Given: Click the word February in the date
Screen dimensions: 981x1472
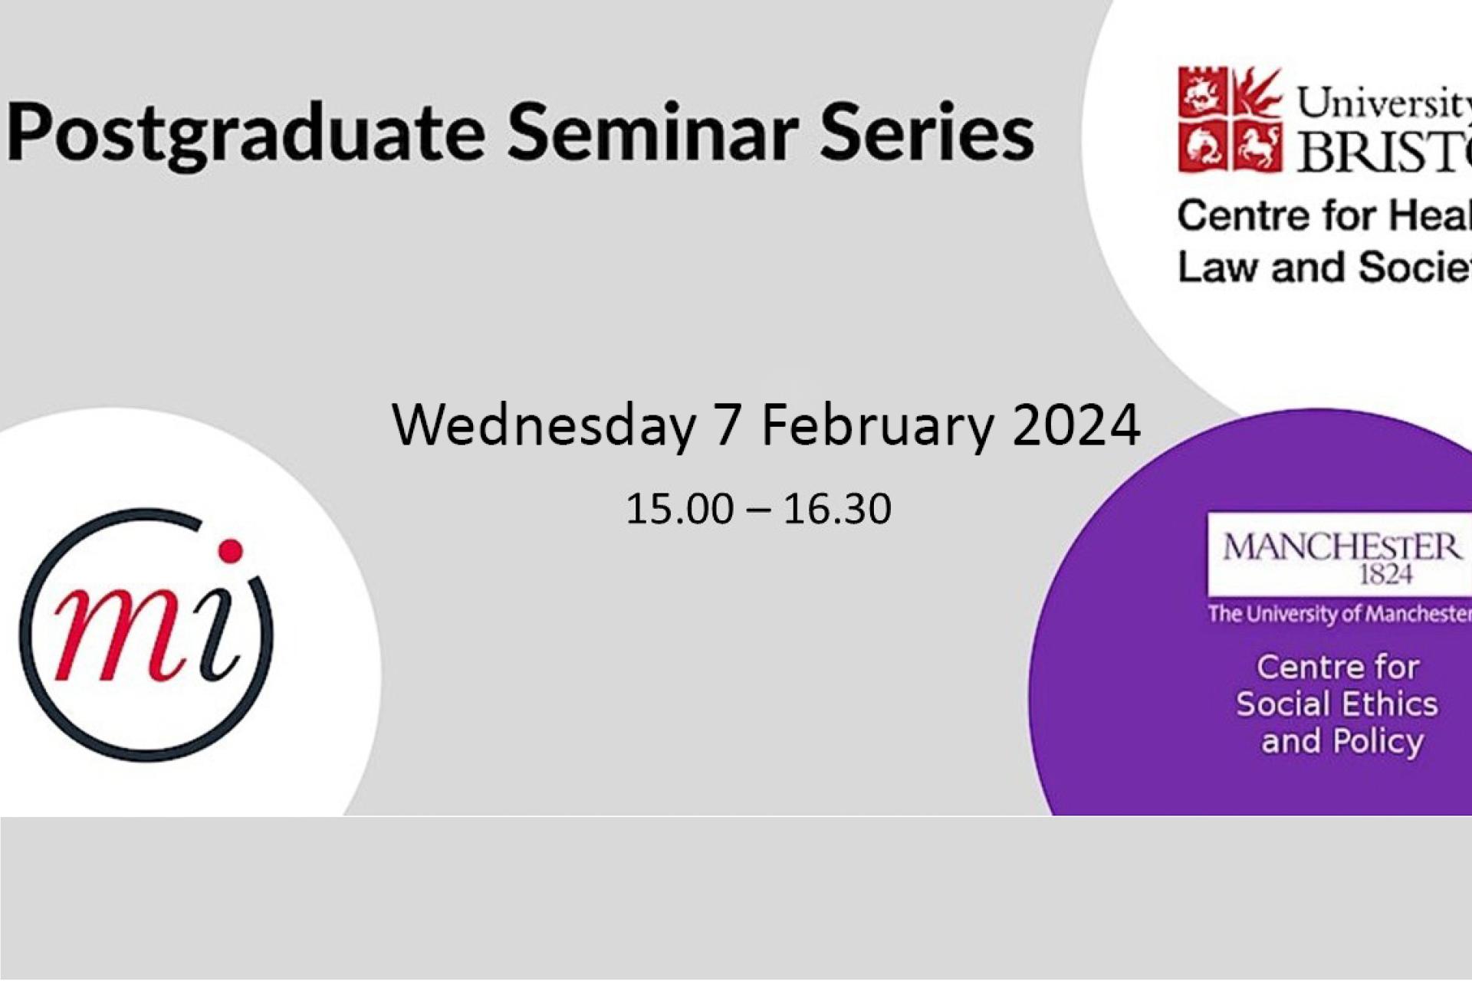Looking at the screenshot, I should pyautogui.click(x=877, y=427).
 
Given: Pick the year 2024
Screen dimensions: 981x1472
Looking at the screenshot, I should pyautogui.click(x=1076, y=425).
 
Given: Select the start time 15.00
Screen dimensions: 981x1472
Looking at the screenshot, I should pyautogui.click(x=679, y=509).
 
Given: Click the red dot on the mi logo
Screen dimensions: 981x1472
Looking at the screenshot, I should pyautogui.click(x=230, y=550).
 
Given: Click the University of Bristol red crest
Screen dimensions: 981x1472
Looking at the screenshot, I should pyautogui.click(x=1230, y=120).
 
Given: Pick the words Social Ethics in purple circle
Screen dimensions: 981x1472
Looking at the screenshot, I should pyautogui.click(x=1336, y=704).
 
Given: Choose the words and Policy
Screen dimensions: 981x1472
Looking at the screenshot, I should pyautogui.click(x=1342, y=741).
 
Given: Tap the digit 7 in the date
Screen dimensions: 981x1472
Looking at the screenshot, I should pyautogui.click(x=728, y=425).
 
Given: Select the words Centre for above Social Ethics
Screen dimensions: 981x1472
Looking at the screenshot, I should pyautogui.click(x=1338, y=667).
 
